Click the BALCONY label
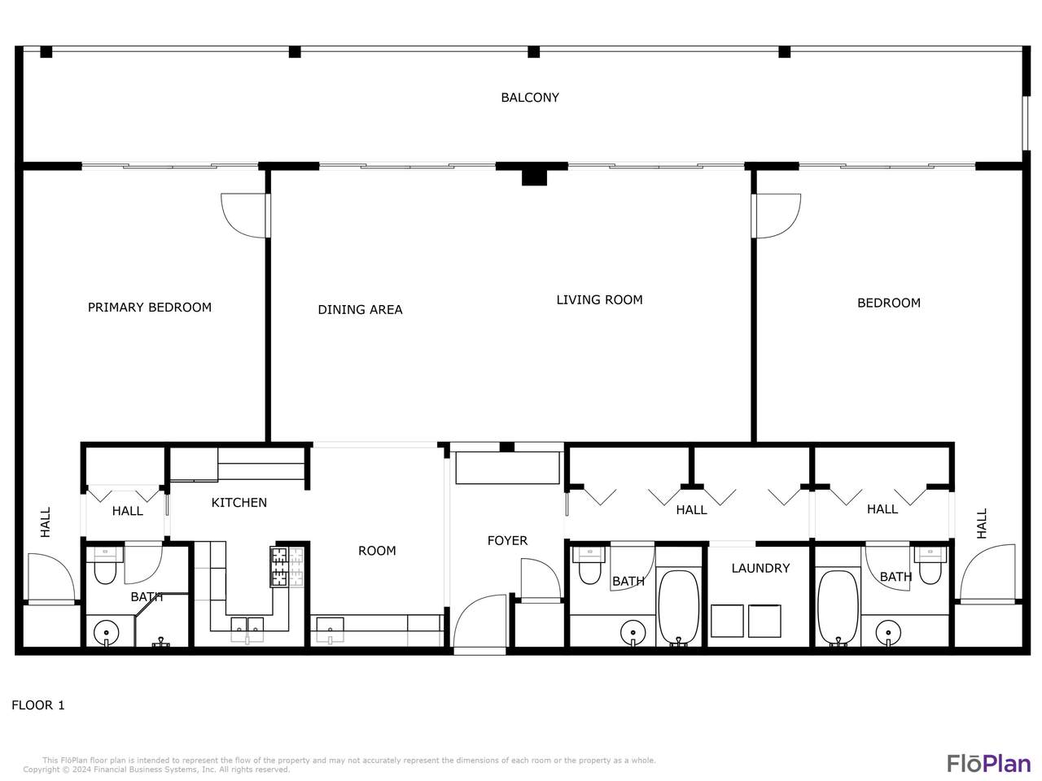[x=530, y=97]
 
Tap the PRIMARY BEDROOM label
[x=150, y=308]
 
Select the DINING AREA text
[x=360, y=310]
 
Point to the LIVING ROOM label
[x=599, y=299]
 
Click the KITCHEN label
[x=239, y=503]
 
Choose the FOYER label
[x=507, y=540]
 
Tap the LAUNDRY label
[x=760, y=568]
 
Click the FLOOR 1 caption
[x=38, y=705]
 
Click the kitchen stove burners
[x=287, y=567]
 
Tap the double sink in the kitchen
[x=247, y=630]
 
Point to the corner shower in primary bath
[x=162, y=620]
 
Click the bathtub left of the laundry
[x=678, y=608]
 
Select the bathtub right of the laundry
[x=838, y=608]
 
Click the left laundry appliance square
[x=727, y=621]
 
